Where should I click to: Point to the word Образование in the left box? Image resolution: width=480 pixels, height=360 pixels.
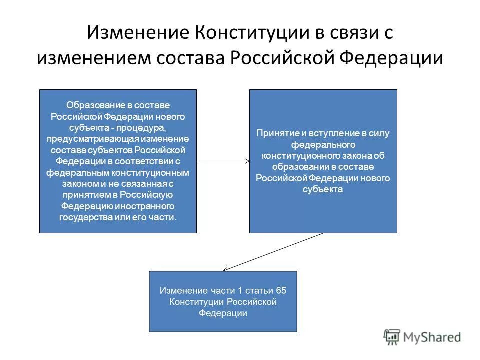point(91,105)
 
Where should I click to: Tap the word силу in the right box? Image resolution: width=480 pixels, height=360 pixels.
point(380,133)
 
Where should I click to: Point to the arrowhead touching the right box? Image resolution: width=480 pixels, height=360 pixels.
point(246,161)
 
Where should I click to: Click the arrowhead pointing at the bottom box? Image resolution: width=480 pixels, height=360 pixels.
point(225,269)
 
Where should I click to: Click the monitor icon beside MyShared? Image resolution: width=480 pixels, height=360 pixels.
point(393,336)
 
